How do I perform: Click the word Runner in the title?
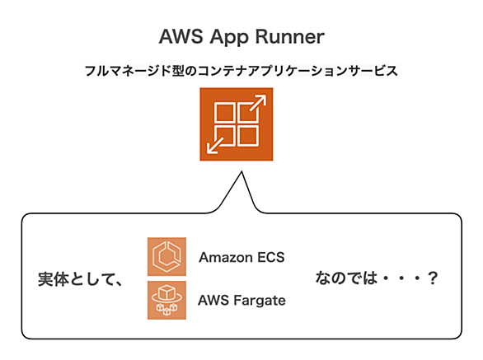289,36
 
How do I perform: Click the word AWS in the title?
181,36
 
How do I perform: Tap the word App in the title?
229,38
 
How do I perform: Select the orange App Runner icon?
237,124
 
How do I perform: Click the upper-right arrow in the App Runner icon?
257,104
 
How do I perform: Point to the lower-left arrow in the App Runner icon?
216,144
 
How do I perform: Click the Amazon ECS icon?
166,256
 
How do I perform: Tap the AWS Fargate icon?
166,300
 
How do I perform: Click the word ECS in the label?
271,258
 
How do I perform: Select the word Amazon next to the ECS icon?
226,258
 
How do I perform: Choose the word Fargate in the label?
260,301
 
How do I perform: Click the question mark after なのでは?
433,278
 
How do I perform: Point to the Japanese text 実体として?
77,279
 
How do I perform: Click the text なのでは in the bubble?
346,278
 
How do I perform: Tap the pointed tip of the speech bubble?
242,171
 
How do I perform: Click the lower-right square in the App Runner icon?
248,136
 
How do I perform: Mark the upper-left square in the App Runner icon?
224,113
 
